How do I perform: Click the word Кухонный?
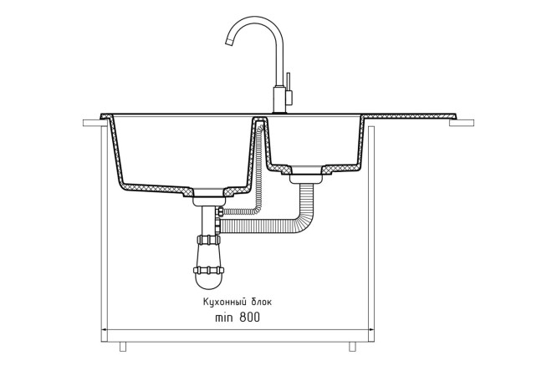click(x=223, y=302)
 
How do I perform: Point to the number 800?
click(x=248, y=318)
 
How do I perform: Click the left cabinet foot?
click(x=122, y=344)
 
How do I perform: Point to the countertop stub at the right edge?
click(x=462, y=125)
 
